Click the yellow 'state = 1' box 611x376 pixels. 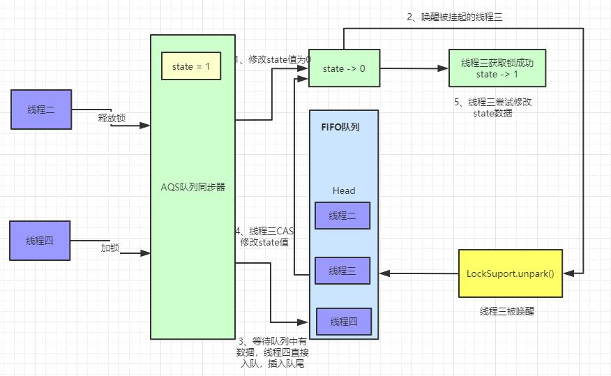191,66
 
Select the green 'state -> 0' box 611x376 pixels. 345,68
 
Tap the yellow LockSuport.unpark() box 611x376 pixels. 510,273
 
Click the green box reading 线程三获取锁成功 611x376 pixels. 496,68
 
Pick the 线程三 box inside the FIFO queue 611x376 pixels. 342,271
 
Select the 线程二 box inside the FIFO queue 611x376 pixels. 342,216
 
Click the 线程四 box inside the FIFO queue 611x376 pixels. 344,321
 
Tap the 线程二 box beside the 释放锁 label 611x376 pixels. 41,110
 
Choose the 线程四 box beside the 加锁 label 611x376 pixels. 40,241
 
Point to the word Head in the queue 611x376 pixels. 343,190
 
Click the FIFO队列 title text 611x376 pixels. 340,128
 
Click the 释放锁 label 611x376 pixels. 112,118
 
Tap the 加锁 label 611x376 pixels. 110,248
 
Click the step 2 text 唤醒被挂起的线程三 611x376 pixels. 455,17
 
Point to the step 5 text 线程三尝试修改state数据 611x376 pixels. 492,107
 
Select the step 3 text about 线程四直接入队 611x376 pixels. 271,352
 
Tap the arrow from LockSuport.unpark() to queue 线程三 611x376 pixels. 418,273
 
